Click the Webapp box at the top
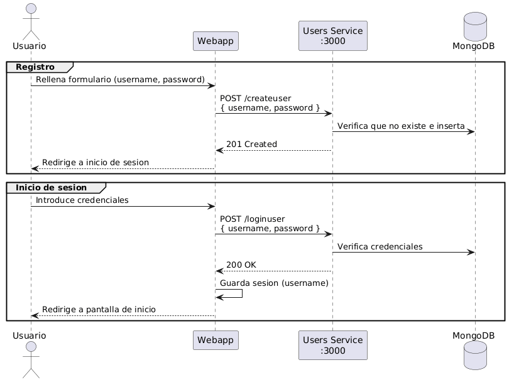coord(215,41)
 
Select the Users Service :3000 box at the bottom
coord(332,345)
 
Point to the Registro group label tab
coord(36,67)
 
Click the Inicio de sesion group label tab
coord(52,188)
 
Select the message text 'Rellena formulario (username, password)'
coord(120,80)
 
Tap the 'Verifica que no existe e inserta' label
coord(401,126)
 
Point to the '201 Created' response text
coord(251,144)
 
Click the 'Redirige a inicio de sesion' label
coord(96,162)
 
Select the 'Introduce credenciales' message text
coord(82,200)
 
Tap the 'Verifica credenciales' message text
coord(380,246)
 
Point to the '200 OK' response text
coord(241,265)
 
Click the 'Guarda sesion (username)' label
coord(274,283)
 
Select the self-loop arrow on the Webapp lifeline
coord(230,293)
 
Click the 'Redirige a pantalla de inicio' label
coord(99,310)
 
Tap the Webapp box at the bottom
coord(215,340)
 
